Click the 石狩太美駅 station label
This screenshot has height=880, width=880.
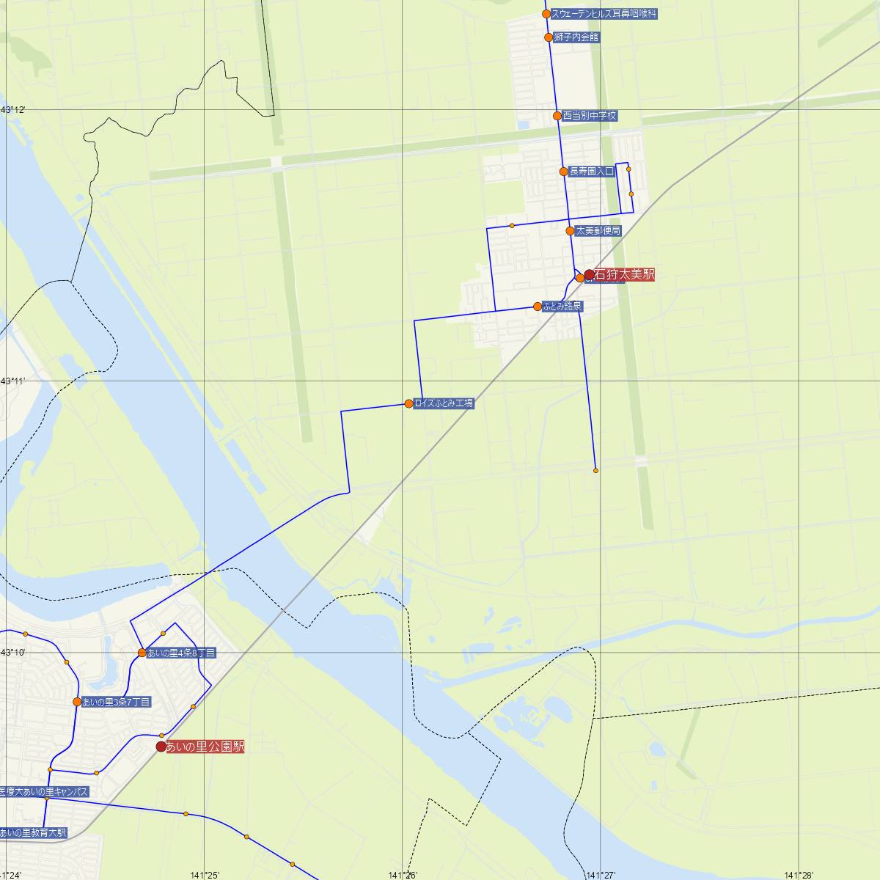point(624,275)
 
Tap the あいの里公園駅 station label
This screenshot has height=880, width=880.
point(205,747)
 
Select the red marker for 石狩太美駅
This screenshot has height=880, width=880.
point(589,275)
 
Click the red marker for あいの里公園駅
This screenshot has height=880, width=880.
point(161,747)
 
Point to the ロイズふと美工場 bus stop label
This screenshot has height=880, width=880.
point(444,403)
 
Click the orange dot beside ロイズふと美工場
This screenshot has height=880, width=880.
point(408,403)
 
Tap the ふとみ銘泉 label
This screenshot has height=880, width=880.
point(562,307)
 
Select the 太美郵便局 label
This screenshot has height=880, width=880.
point(598,230)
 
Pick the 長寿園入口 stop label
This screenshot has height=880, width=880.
point(592,172)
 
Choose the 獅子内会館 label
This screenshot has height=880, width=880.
point(576,37)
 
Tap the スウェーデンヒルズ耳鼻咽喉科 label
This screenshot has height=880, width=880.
point(604,13)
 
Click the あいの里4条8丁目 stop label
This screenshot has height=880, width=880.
point(181,653)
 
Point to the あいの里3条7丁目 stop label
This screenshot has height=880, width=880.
point(117,702)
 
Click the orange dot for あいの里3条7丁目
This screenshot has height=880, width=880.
point(77,702)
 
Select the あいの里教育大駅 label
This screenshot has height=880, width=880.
point(34,832)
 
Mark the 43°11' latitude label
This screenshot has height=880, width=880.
point(13,381)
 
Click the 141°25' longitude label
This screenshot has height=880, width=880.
point(205,874)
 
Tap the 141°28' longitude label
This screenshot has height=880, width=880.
point(798,874)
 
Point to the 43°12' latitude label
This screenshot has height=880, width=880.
point(13,110)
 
